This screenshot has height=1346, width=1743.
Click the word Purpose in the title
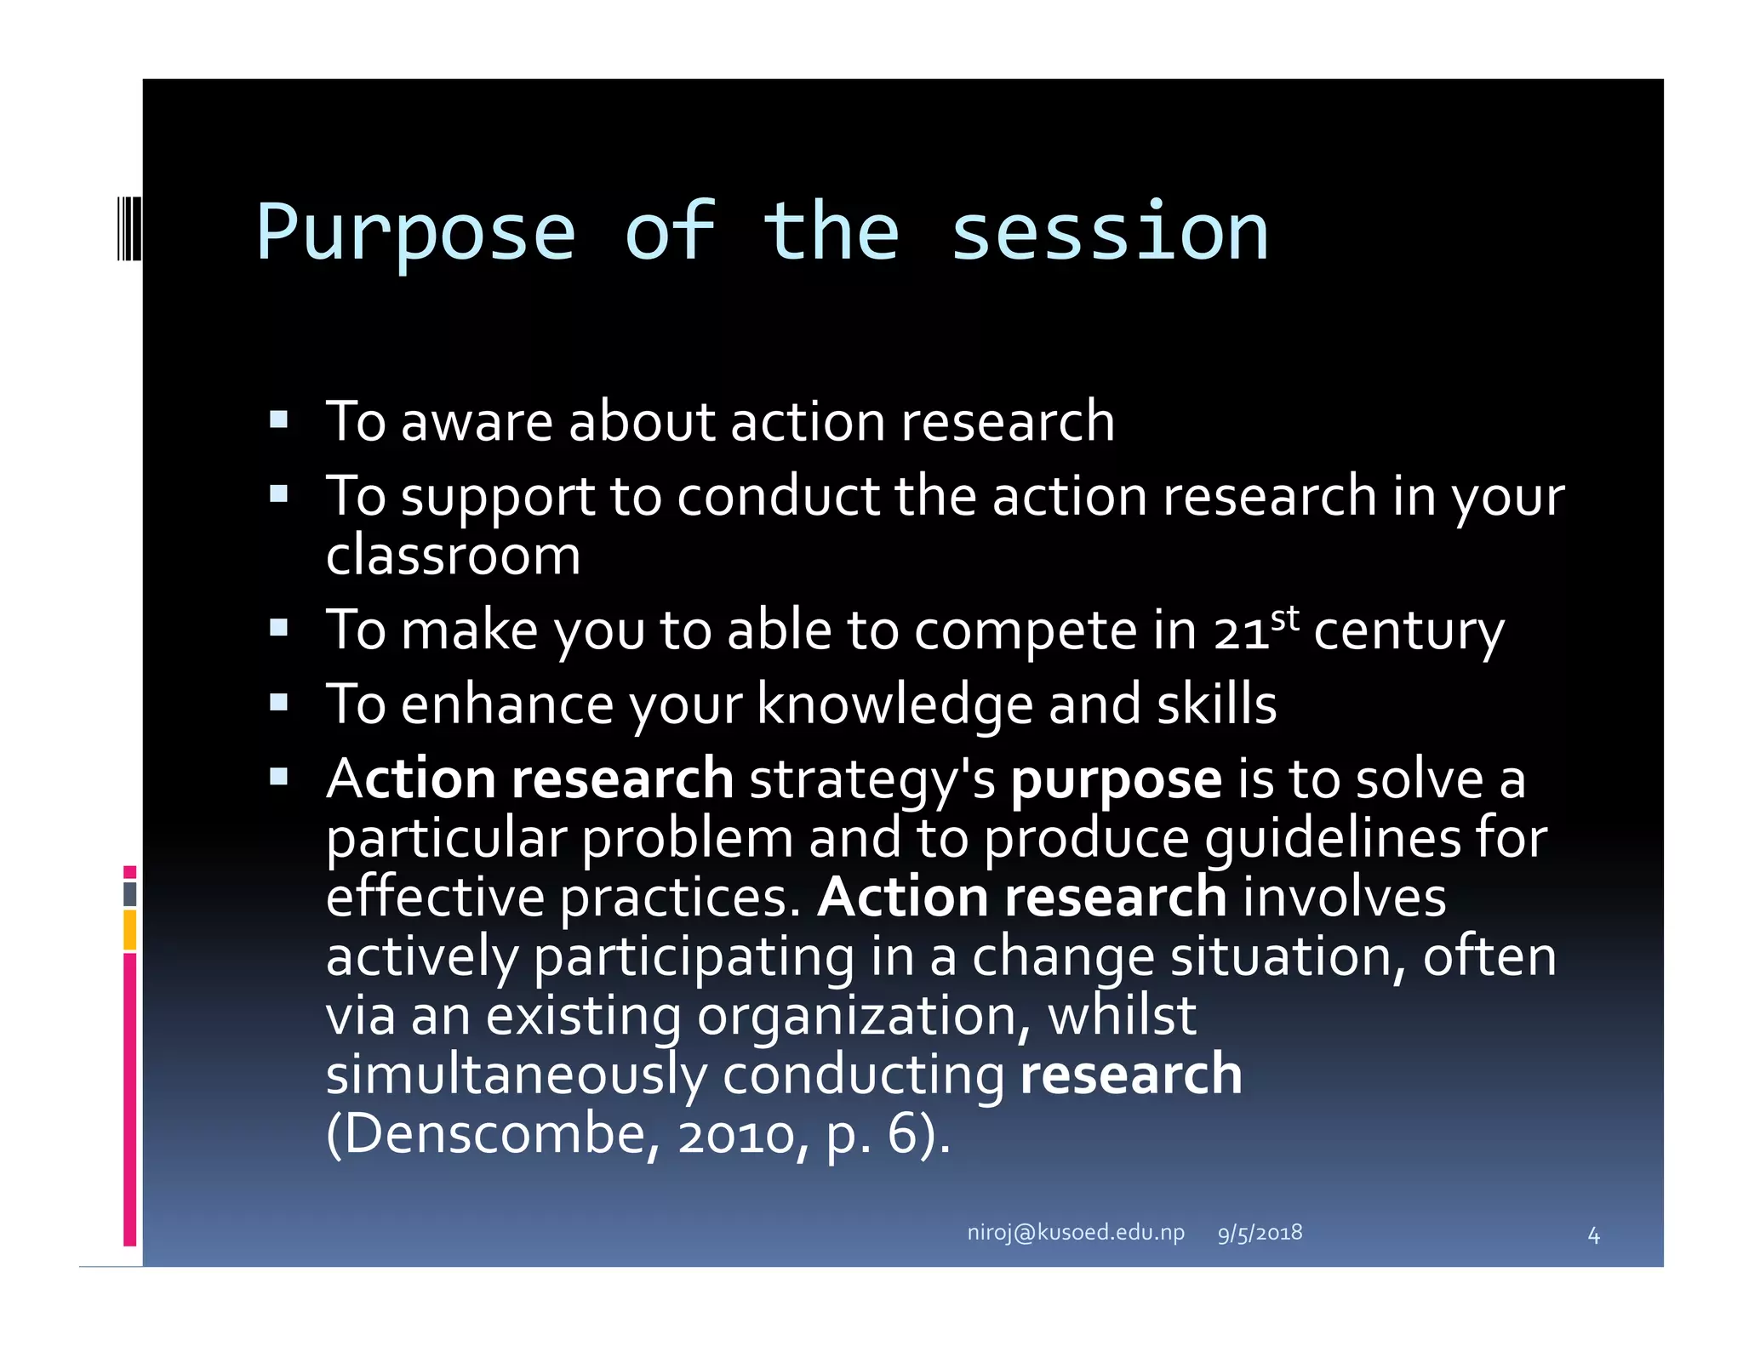coord(415,234)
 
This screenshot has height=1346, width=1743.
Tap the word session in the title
coord(1108,234)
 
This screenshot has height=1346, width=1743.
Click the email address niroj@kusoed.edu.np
coord(1075,1232)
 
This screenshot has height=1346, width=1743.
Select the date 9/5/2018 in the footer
coord(1260,1233)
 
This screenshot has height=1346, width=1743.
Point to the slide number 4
coord(1593,1235)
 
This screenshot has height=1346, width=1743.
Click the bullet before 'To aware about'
coord(278,419)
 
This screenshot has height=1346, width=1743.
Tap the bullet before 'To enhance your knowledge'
coord(278,703)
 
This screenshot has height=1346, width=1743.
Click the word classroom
coord(453,556)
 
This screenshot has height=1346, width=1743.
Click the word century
coord(1409,632)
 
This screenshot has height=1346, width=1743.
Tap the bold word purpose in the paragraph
coord(1116,780)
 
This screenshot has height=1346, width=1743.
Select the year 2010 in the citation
coord(735,1136)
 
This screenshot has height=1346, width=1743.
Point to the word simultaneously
coord(516,1075)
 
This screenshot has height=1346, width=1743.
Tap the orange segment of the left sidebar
coord(129,929)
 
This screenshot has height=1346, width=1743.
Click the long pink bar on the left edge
coord(129,1098)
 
